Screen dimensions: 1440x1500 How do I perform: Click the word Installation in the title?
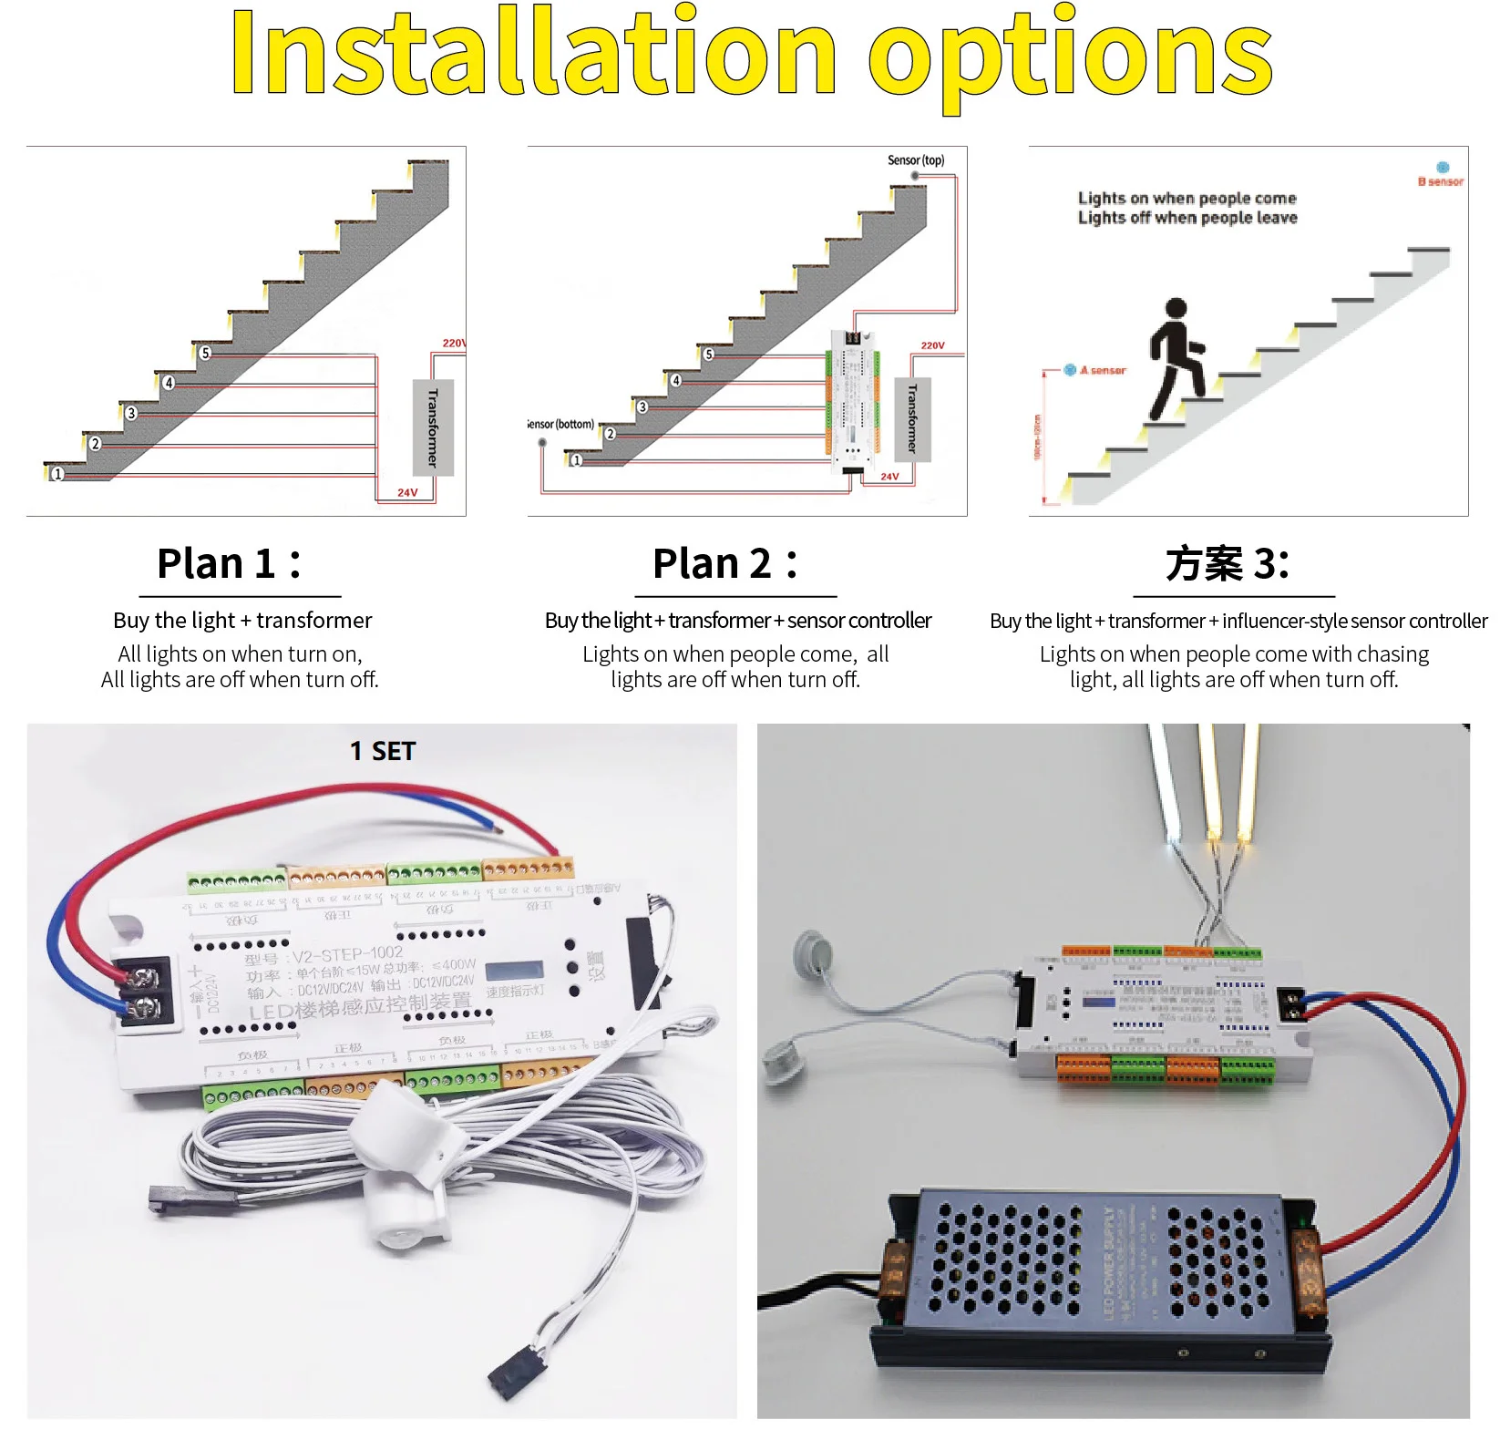click(x=532, y=52)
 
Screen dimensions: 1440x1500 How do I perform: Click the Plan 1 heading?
click(x=229, y=563)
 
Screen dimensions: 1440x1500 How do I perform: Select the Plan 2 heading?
click(x=725, y=563)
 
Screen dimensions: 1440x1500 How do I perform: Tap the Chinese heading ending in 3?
click(x=1227, y=563)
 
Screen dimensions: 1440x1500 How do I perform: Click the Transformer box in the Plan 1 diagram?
click(x=433, y=427)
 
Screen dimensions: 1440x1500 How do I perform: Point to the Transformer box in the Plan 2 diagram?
click(x=912, y=419)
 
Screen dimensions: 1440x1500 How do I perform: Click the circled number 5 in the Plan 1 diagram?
click(x=205, y=353)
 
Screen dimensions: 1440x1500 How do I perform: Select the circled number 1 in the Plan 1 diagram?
click(x=57, y=474)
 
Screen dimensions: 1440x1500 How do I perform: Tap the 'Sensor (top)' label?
click(x=916, y=160)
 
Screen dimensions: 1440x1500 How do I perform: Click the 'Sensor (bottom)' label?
click(x=561, y=425)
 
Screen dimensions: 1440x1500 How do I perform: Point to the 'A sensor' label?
click(x=1103, y=370)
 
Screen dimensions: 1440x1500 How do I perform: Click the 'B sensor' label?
click(x=1441, y=181)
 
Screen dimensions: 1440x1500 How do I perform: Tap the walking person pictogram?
click(x=1176, y=359)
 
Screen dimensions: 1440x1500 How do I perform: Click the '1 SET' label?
click(x=383, y=751)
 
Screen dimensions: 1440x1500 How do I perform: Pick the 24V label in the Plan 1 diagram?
click(x=407, y=492)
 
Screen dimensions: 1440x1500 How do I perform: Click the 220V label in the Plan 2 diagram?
click(x=932, y=345)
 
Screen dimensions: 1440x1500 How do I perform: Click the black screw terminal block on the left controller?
click(x=143, y=992)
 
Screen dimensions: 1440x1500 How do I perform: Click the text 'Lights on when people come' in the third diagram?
click(x=1187, y=199)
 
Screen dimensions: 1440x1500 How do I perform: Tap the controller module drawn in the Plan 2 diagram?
click(x=853, y=401)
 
